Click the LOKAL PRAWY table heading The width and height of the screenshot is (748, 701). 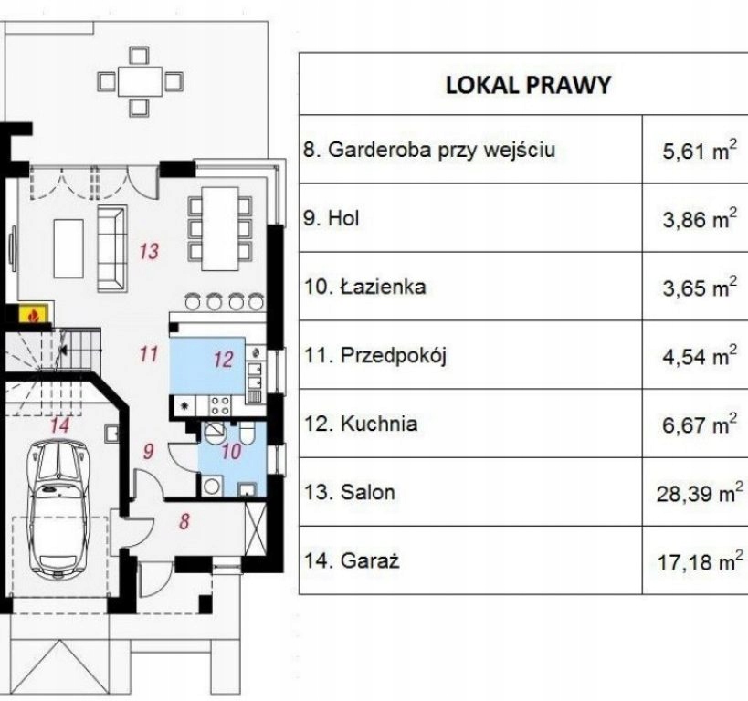point(528,85)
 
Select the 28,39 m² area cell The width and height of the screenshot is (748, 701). point(700,493)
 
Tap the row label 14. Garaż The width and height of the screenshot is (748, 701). point(352,560)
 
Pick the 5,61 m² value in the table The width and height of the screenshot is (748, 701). point(700,151)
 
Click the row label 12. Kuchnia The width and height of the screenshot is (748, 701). point(361,424)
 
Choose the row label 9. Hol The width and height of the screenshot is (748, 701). point(331,218)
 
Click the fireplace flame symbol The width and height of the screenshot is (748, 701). point(33,315)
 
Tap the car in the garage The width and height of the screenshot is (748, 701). point(58,507)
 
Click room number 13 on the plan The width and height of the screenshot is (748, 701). point(149,251)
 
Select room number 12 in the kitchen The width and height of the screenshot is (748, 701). point(223,359)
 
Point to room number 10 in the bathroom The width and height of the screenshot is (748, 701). point(232,451)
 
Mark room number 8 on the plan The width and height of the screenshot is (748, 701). point(184,521)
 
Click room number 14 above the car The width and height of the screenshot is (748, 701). point(60,425)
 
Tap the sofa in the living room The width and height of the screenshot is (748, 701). point(112,248)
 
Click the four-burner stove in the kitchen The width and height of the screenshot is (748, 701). point(220,405)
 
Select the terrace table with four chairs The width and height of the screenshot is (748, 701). point(140,81)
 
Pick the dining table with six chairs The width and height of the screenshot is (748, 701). point(220,228)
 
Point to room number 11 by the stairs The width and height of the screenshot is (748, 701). point(149,354)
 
